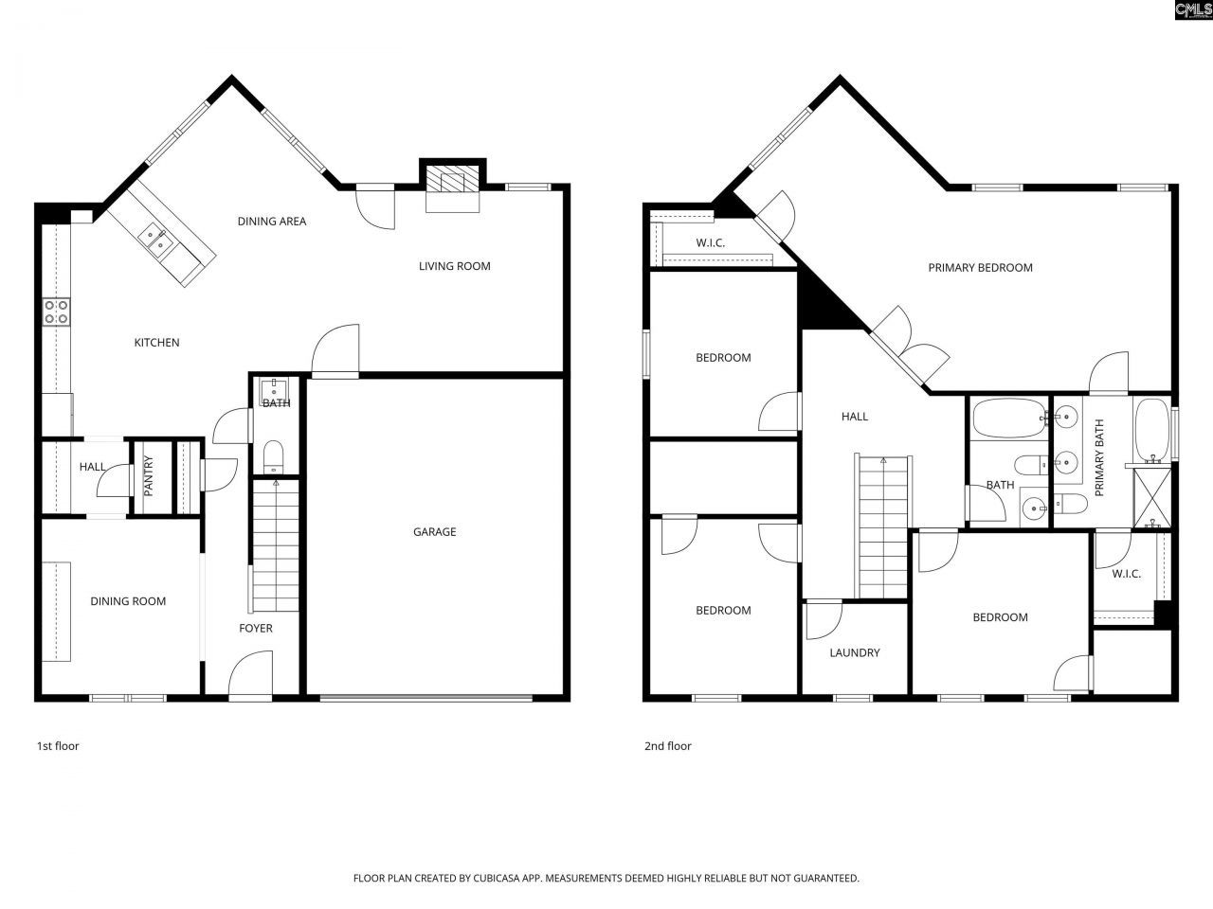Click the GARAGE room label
[x=434, y=532]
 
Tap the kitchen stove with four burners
[x=56, y=312]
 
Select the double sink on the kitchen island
[x=157, y=241]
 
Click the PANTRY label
[x=149, y=477]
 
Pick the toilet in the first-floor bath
[x=274, y=455]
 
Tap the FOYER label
[x=255, y=628]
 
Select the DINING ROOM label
[x=128, y=601]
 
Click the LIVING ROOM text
[x=455, y=266]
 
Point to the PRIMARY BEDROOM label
[x=980, y=268]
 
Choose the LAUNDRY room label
[x=855, y=652]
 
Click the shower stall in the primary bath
[x=1152, y=495]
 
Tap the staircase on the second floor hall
[x=883, y=526]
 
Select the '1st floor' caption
[x=58, y=746]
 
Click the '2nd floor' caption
[x=668, y=746]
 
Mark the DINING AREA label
[x=272, y=222]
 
